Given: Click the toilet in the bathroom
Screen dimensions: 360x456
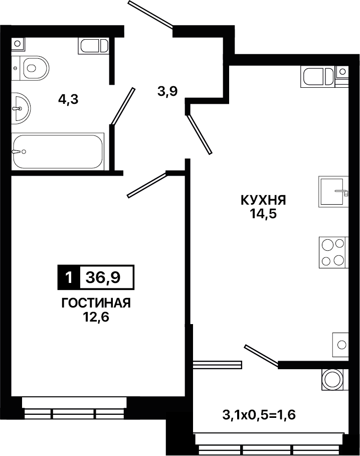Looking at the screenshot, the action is (x=31, y=68).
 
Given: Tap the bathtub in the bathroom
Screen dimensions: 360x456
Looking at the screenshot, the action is (x=58, y=151).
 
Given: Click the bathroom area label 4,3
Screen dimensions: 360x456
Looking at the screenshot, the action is (x=69, y=100).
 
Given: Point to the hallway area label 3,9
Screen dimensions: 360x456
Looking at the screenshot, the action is (x=167, y=92).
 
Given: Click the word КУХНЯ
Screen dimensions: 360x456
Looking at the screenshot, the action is (x=264, y=200).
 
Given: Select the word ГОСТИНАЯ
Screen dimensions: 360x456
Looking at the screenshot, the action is (x=96, y=303).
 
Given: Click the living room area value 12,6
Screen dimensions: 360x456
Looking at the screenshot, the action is (x=96, y=317).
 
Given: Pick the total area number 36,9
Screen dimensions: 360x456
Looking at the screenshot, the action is (x=103, y=278).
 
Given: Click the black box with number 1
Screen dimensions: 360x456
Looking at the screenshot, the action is (x=69, y=277).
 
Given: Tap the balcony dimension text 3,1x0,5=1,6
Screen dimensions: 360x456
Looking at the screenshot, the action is (x=259, y=415).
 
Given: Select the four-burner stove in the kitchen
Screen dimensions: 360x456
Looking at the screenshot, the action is (x=333, y=252).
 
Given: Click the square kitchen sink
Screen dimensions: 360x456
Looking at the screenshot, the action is (x=333, y=191).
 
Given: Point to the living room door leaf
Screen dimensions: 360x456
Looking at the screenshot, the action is (x=147, y=185).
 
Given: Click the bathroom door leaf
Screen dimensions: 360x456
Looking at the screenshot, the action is (x=123, y=107).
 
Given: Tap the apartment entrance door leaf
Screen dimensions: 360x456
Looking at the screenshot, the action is (x=151, y=14).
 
